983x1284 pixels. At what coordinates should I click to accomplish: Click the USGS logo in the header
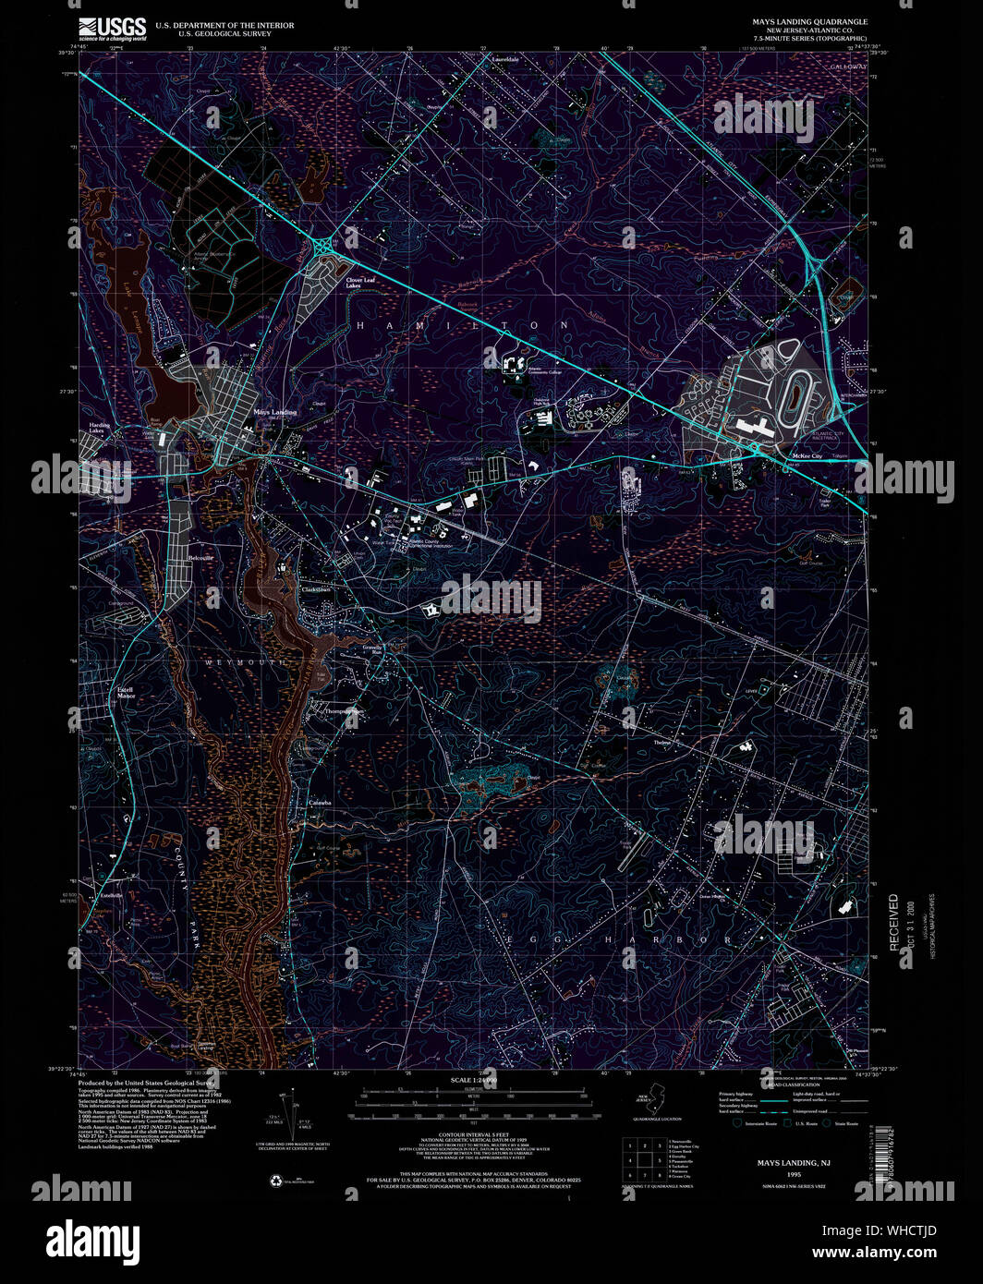(113, 29)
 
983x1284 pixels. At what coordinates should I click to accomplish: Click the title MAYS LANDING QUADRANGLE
(809, 20)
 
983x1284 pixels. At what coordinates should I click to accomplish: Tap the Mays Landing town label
(275, 412)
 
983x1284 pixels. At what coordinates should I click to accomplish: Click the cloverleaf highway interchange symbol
(324, 247)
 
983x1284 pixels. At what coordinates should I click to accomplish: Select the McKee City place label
(801, 455)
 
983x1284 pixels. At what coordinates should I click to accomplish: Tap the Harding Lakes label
(99, 429)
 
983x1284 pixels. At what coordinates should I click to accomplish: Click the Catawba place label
(319, 803)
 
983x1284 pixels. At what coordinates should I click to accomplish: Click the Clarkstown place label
(316, 588)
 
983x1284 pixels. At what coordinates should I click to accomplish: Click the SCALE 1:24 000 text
(473, 1080)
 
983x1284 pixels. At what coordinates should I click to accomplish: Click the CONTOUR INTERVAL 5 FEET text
(472, 1135)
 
